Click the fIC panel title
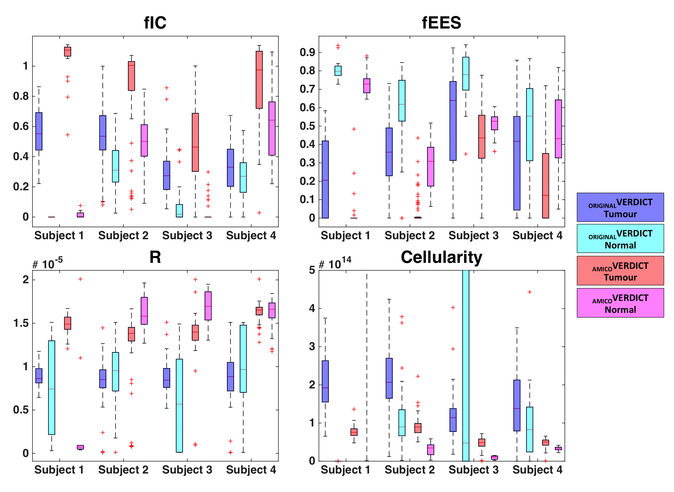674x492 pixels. (x=155, y=23)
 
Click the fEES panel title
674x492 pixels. (x=441, y=23)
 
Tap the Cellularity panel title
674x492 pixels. (x=441, y=257)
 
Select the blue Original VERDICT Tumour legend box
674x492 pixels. (x=620, y=207)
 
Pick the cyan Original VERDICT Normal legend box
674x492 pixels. (x=620, y=239)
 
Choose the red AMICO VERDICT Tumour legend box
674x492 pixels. (x=620, y=271)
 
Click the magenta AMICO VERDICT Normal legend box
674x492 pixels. (x=620, y=303)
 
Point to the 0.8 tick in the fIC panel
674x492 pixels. (x=21, y=96)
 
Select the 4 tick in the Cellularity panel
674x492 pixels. (x=312, y=308)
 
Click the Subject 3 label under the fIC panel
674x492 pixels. (x=187, y=236)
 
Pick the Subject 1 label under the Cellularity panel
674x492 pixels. (x=346, y=470)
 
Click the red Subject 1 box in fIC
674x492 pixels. (x=68, y=52)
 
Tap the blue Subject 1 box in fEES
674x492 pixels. (x=325, y=179)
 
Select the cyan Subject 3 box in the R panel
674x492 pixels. (x=179, y=406)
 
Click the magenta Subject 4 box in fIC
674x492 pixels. (x=272, y=128)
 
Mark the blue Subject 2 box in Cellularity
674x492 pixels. (x=389, y=378)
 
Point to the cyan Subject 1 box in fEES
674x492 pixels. (x=338, y=71)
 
